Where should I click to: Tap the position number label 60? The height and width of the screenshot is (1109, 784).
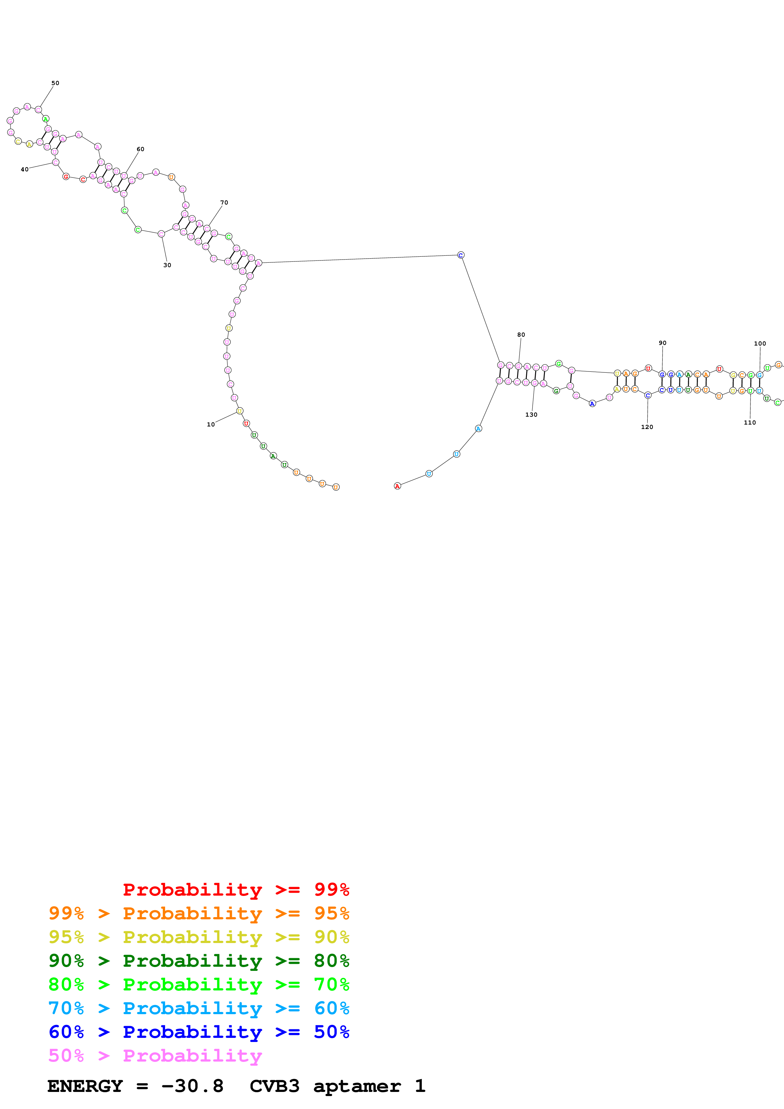[140, 149]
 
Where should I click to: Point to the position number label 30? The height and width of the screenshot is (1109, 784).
[167, 265]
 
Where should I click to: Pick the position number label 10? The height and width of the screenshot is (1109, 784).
[211, 425]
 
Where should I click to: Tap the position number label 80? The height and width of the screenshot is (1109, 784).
[521, 335]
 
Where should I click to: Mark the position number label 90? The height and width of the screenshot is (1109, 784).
[662, 343]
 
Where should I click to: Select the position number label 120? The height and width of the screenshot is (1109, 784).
[647, 427]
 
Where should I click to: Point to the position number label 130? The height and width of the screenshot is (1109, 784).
[531, 415]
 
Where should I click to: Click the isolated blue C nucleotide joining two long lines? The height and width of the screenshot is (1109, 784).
[461, 255]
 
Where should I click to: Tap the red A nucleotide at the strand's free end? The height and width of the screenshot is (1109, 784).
[397, 487]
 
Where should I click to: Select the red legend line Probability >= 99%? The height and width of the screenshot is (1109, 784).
[236, 890]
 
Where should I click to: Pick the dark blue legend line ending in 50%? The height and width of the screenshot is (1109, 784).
[199, 1032]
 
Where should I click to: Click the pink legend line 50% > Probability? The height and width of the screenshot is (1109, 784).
[155, 1056]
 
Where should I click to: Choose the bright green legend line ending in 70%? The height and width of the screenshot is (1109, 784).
[199, 984]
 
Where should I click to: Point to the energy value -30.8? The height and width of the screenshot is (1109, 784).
[192, 1086]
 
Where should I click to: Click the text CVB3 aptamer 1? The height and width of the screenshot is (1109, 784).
[337, 1086]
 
